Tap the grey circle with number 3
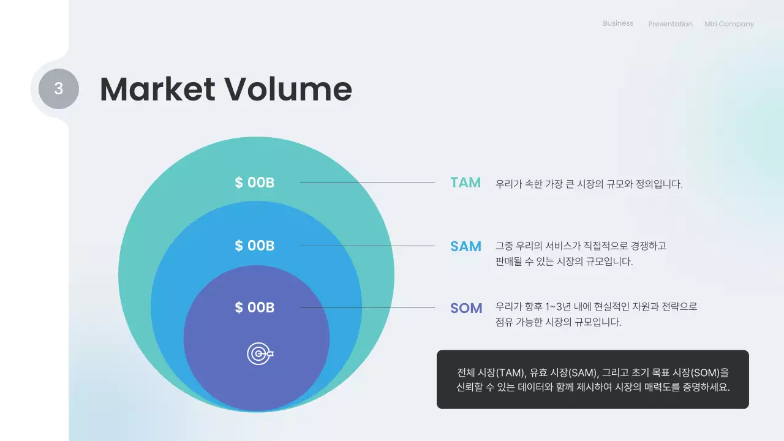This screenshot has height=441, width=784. [x=59, y=89]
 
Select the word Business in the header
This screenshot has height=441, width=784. [x=618, y=23]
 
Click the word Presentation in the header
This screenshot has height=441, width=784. [x=670, y=24]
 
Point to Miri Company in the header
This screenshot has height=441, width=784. [x=729, y=24]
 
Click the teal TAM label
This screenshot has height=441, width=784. [x=466, y=183]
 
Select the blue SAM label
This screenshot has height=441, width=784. [x=466, y=246]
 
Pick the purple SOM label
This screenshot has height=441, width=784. [x=466, y=308]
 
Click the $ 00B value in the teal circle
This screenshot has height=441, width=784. [x=254, y=183]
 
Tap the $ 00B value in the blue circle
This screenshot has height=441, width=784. [x=254, y=246]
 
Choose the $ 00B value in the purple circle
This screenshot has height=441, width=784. [x=254, y=307]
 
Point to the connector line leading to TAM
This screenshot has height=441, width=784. [x=367, y=183]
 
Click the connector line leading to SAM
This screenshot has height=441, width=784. [x=367, y=246]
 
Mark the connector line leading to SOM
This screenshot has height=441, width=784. [x=367, y=307]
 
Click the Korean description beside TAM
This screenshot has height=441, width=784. [x=589, y=184]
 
